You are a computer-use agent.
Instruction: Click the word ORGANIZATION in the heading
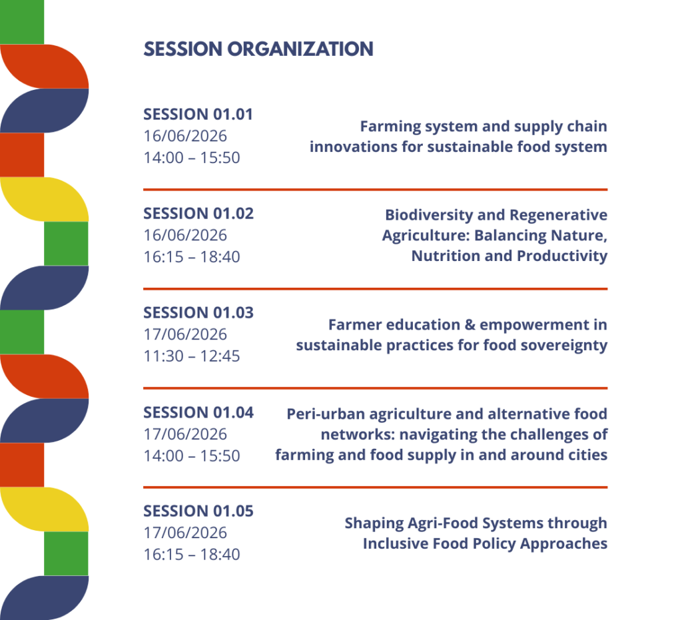(300, 49)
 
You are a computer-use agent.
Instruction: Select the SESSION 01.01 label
(198, 115)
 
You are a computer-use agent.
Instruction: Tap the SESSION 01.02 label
(198, 214)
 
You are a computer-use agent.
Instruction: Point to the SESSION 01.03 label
(198, 312)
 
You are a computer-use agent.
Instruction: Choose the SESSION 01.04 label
(198, 412)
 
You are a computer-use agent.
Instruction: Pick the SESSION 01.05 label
(198, 511)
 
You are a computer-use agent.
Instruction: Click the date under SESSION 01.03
(185, 334)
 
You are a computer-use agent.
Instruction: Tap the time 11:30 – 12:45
(192, 356)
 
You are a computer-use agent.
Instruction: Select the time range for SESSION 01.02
(192, 257)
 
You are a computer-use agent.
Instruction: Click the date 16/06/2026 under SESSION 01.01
(185, 136)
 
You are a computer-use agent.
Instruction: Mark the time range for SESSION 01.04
(192, 456)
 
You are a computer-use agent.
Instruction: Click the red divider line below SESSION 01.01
(376, 190)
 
